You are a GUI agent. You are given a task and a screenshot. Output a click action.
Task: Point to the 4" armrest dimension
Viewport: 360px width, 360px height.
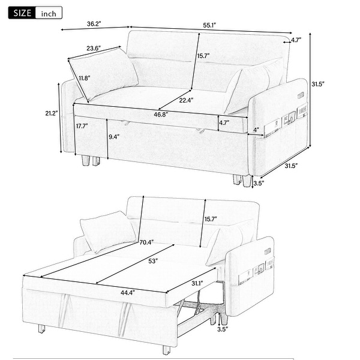pyautogui.click(x=257, y=130)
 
